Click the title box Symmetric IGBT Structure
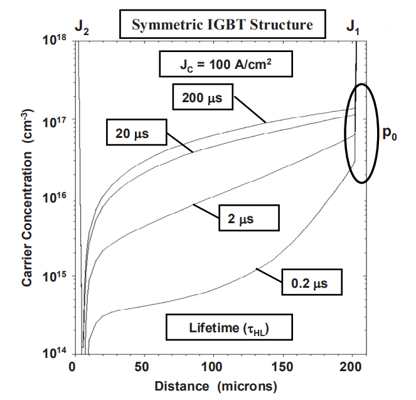click(223, 26)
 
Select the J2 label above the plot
click(82, 27)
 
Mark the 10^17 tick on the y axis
click(55, 120)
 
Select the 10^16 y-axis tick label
click(55, 199)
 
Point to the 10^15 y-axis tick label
click(55, 277)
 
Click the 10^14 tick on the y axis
click(55, 355)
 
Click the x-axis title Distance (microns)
click(214, 384)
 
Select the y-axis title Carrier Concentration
click(28, 198)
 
